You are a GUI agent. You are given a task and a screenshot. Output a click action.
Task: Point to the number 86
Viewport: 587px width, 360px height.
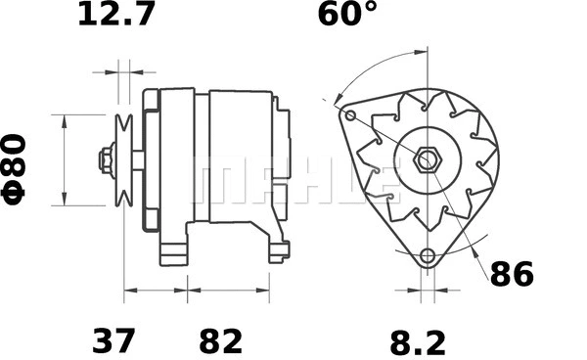511,275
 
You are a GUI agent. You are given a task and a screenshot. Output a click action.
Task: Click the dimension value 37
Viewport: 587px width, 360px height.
114,341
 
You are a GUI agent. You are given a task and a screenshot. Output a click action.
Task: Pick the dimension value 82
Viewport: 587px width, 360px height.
221,341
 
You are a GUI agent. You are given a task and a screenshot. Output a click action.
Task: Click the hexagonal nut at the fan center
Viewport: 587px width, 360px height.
427,159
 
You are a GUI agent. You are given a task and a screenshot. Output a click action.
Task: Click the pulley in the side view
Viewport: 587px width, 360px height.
122,159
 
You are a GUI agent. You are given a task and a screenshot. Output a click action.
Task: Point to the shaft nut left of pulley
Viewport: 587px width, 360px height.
104,159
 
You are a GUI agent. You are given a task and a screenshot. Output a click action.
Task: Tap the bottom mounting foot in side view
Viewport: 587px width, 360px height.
176,252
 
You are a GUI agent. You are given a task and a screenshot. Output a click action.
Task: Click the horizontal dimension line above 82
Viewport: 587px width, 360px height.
228,291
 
